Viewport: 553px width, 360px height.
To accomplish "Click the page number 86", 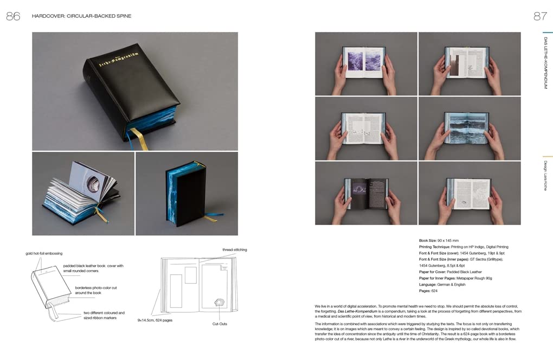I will [x=13, y=16].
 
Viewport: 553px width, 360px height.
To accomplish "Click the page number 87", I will [x=540, y=16].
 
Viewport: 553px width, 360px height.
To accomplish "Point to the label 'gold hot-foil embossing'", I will [x=44, y=253].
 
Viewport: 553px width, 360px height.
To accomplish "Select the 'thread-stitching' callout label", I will [x=234, y=249].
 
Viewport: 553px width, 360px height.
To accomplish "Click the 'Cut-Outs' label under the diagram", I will [x=220, y=324].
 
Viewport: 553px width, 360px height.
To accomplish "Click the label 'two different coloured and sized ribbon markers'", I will [x=104, y=316].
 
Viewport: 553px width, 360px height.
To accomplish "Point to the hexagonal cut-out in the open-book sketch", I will [x=220, y=302].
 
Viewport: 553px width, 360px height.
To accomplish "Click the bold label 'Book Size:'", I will [x=431, y=240].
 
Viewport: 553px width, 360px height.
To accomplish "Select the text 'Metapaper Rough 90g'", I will [x=479, y=278].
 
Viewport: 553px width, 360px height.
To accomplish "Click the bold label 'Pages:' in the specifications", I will [x=425, y=291].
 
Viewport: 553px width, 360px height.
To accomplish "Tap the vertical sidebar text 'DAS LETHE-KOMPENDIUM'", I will [x=545, y=63].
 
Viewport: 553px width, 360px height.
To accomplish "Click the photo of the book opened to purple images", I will [x=366, y=63].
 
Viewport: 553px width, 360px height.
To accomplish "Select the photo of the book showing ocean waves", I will [x=470, y=128].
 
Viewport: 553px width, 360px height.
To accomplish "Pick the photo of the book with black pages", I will [x=366, y=193].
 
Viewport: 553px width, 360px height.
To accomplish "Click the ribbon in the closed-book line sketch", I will [x=54, y=312].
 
